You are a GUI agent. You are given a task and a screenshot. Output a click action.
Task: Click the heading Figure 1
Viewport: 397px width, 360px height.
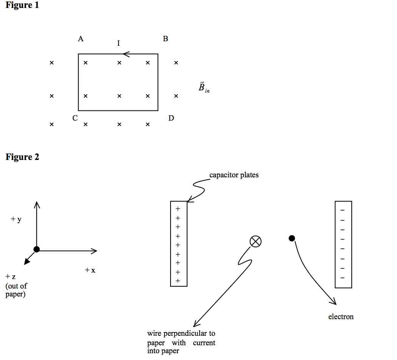tap(22, 6)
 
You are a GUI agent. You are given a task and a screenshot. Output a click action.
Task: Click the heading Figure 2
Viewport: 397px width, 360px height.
tap(22, 157)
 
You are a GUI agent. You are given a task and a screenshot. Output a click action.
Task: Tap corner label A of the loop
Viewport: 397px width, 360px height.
tap(81, 39)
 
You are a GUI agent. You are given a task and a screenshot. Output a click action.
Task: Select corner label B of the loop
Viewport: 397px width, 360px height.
tap(165, 39)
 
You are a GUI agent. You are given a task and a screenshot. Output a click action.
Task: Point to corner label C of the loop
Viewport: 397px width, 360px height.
tap(75, 118)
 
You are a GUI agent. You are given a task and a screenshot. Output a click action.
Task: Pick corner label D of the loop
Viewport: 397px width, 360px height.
tap(171, 118)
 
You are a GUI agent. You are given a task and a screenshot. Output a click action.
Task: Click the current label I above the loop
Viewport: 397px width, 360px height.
tap(118, 43)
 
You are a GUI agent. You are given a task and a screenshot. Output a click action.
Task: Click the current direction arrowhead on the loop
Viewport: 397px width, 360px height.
tap(126, 54)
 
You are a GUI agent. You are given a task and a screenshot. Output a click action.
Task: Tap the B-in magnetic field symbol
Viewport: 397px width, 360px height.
tap(203, 88)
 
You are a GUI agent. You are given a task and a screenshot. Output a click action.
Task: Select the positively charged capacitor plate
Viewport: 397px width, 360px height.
tap(178, 244)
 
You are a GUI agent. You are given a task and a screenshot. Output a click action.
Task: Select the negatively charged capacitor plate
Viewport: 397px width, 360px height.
tap(343, 244)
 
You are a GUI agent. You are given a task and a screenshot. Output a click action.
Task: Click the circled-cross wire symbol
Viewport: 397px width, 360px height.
tap(256, 241)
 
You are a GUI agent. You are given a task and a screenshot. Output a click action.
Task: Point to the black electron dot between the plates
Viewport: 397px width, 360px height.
tap(292, 238)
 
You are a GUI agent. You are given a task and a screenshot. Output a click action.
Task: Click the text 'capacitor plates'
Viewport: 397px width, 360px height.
tap(234, 175)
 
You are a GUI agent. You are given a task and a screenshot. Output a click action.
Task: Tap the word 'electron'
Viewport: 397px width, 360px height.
tap(341, 317)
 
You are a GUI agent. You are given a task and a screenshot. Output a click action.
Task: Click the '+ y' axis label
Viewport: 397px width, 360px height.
tap(16, 219)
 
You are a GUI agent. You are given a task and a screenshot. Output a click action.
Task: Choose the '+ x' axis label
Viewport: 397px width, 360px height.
tap(90, 270)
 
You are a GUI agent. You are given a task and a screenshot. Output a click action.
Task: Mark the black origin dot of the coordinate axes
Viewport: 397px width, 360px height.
tap(36, 249)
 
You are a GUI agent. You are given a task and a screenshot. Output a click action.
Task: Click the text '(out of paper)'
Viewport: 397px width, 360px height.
tap(16, 290)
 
